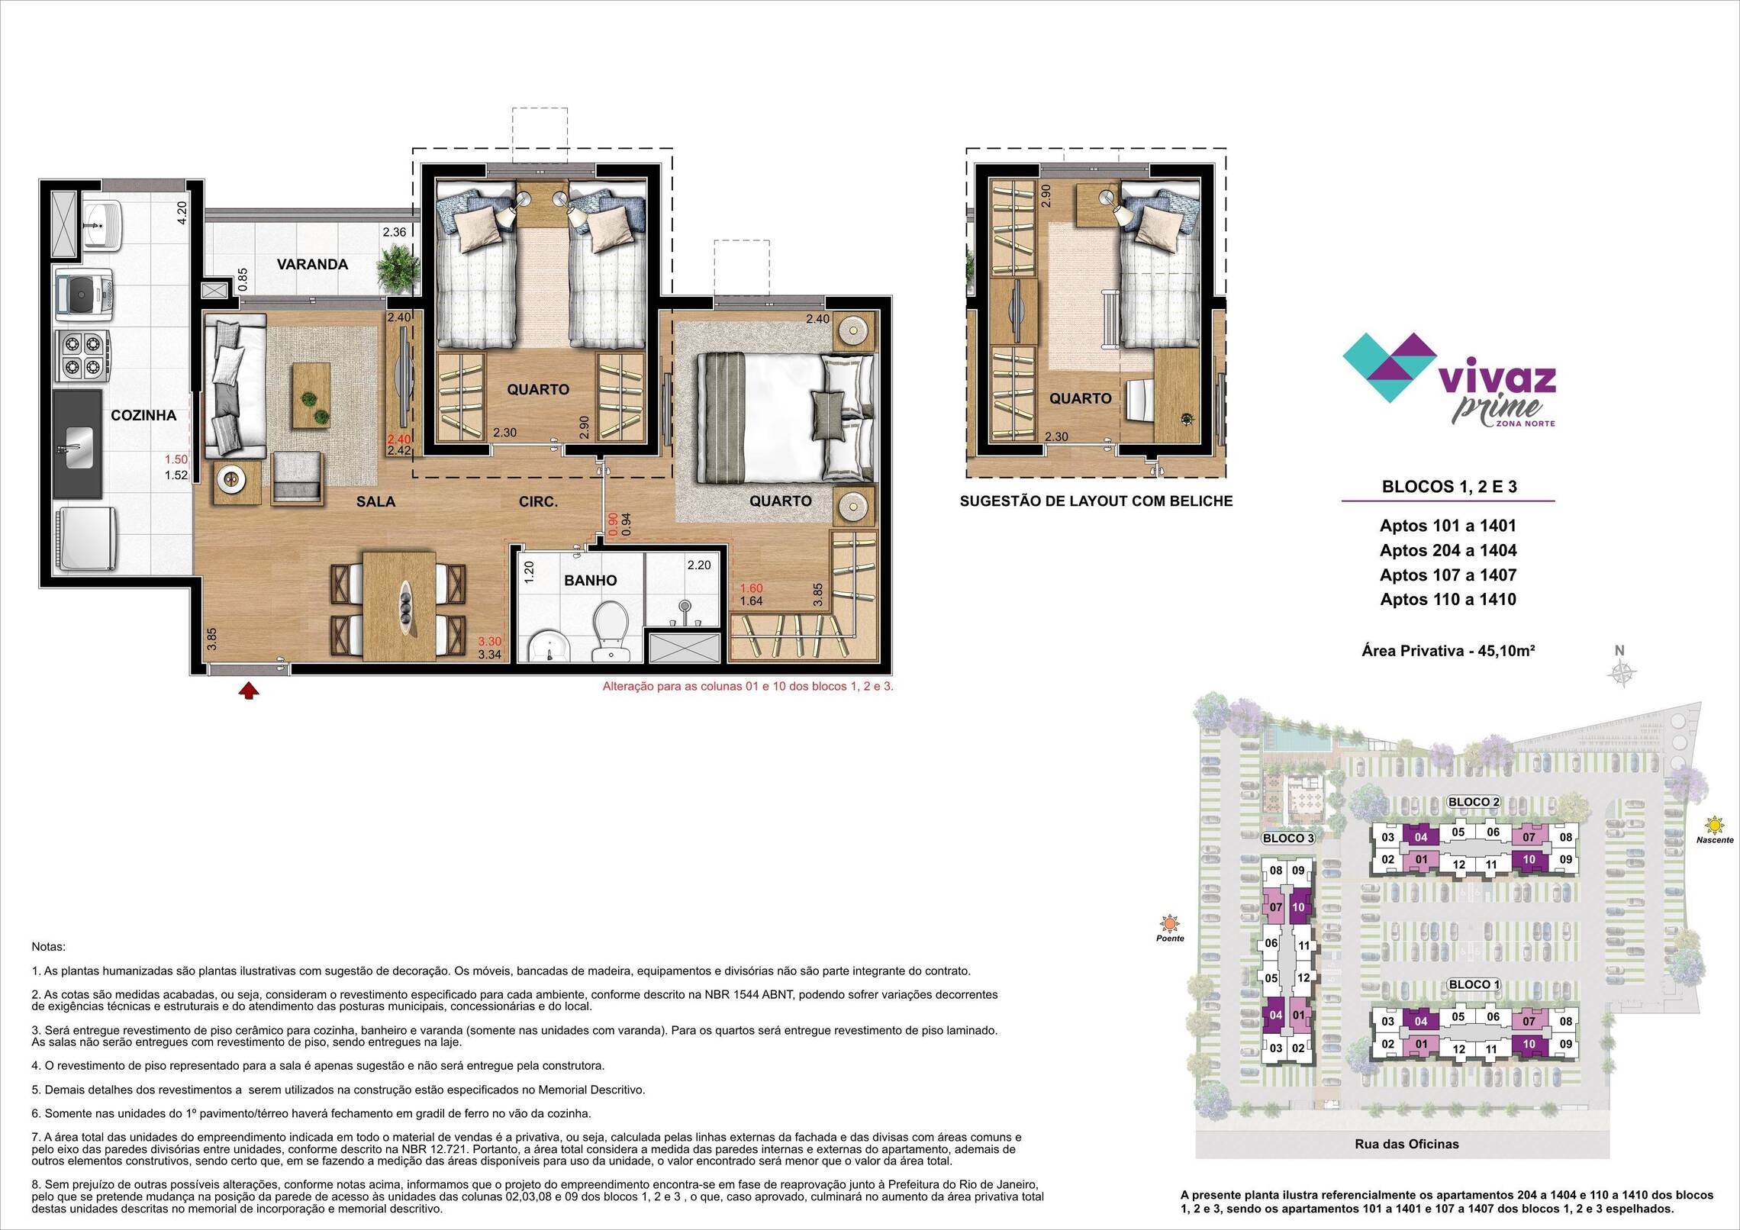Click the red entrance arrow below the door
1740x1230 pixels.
click(x=249, y=691)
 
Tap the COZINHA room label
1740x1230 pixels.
click(x=143, y=415)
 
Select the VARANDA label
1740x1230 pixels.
click(x=312, y=264)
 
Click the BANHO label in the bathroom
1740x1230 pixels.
click(x=590, y=580)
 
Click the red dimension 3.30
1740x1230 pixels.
click(x=489, y=642)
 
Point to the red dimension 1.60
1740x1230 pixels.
click(x=751, y=588)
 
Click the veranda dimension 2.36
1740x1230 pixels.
click(x=395, y=232)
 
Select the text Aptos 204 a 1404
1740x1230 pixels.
click(x=1448, y=550)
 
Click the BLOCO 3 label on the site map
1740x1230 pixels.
click(x=1289, y=838)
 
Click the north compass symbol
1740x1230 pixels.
click(x=1619, y=672)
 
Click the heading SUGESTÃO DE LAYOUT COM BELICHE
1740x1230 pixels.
click(x=1096, y=501)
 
